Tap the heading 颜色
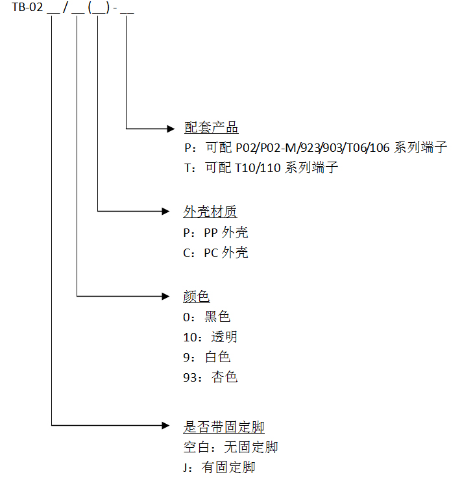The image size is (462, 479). point(197,297)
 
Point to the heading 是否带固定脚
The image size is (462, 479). point(224,426)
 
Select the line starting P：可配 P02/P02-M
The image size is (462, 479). point(315,147)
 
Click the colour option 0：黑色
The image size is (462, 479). point(207,317)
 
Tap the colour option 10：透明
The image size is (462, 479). point(210,337)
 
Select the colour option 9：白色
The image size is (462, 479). point(207,356)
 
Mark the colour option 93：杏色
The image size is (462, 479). point(210,376)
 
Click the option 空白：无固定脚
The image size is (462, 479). point(230,447)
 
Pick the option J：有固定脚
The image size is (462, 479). point(219,467)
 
